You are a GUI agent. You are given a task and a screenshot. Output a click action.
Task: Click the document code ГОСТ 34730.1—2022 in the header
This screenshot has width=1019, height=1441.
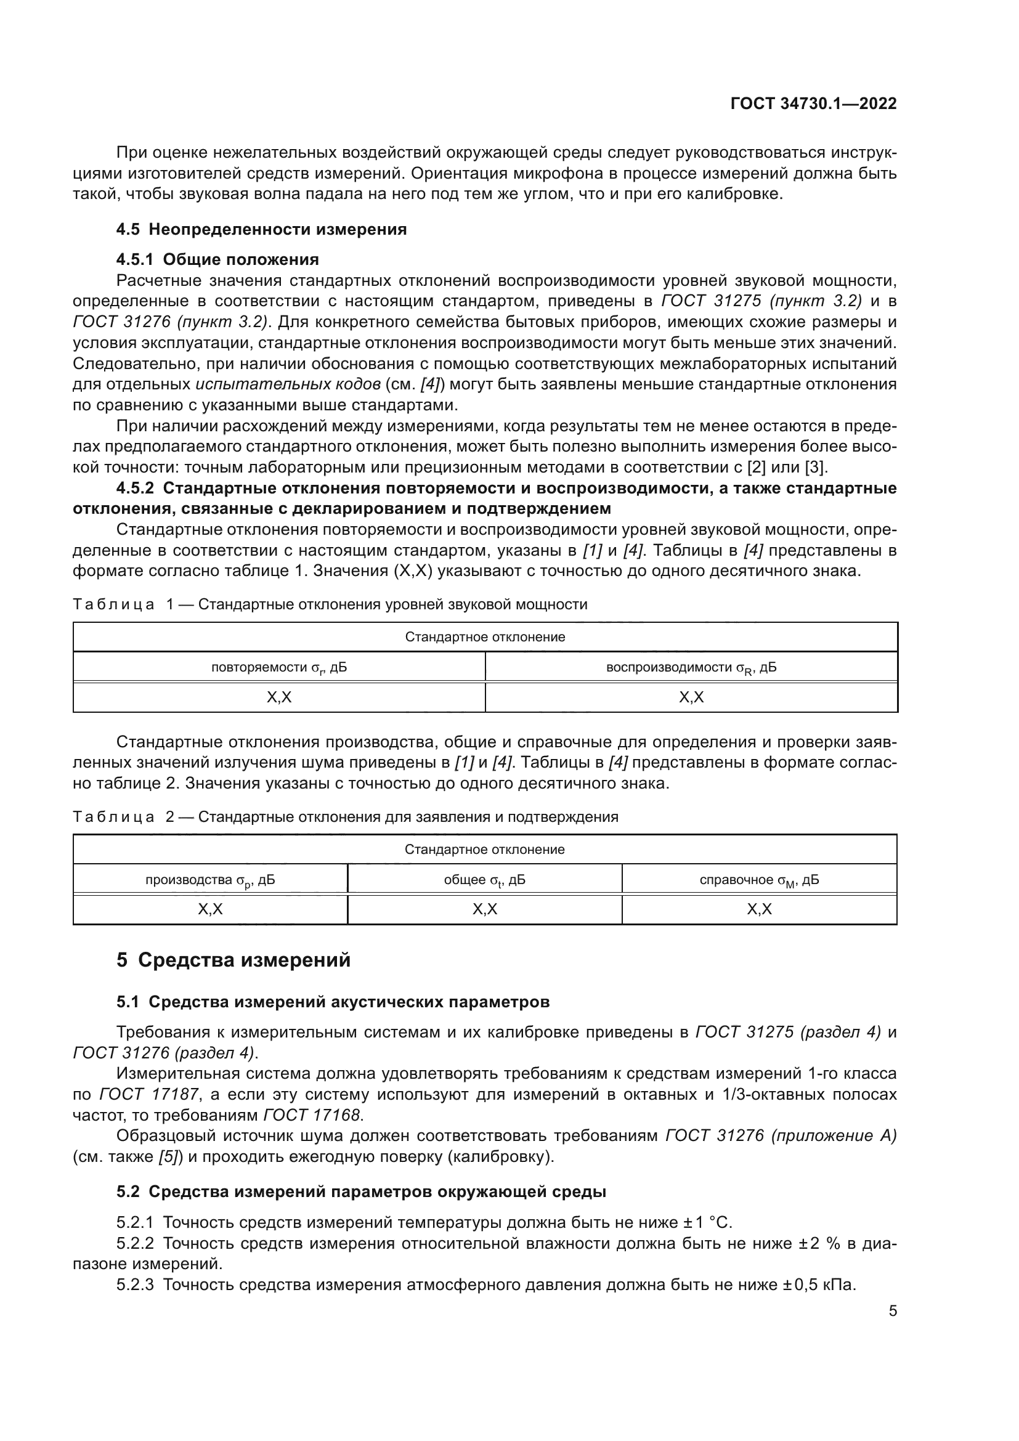tap(813, 104)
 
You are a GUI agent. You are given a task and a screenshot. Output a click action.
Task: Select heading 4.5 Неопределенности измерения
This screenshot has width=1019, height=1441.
tap(261, 229)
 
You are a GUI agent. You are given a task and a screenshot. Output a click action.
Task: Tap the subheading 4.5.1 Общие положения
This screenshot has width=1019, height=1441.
tap(217, 259)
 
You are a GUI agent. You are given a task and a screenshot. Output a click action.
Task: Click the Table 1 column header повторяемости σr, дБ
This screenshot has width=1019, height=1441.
tap(278, 667)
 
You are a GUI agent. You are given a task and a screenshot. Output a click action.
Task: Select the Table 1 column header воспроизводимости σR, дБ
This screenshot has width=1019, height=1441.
tap(691, 667)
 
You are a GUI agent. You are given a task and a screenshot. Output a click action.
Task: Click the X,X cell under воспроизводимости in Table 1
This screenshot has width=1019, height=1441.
tap(691, 697)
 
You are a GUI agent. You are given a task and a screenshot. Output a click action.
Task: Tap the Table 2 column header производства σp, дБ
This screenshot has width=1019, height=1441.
tap(209, 880)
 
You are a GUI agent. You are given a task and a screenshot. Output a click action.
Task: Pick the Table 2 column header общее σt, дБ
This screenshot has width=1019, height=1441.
tap(484, 880)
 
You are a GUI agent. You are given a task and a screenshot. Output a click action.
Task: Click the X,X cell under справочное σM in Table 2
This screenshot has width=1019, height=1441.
tap(759, 909)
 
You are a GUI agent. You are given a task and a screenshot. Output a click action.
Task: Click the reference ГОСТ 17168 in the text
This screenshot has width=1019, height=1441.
tap(312, 1115)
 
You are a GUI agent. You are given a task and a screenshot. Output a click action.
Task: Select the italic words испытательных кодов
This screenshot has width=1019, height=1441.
tap(288, 384)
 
